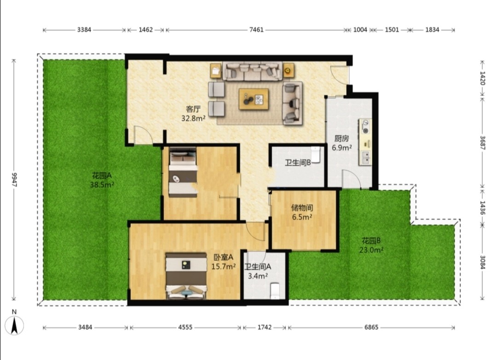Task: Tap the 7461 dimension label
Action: pos(256,30)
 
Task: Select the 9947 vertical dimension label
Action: pos(14,179)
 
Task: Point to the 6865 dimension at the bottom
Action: pos(371,327)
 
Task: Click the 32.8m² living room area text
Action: pos(193,119)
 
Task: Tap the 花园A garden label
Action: pos(102,175)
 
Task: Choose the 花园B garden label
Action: pos(371,241)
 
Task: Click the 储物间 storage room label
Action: pos(302,208)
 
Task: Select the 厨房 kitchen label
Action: pos(341,138)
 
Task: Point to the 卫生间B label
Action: pos(298,163)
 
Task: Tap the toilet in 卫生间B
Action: pos(316,154)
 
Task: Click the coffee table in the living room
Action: pos(254,99)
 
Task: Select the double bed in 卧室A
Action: pos(186,276)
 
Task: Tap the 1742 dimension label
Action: pos(264,327)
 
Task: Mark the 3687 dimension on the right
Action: pos(482,143)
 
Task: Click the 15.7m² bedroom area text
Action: pos(224,267)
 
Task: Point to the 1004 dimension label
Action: pos(360,30)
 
